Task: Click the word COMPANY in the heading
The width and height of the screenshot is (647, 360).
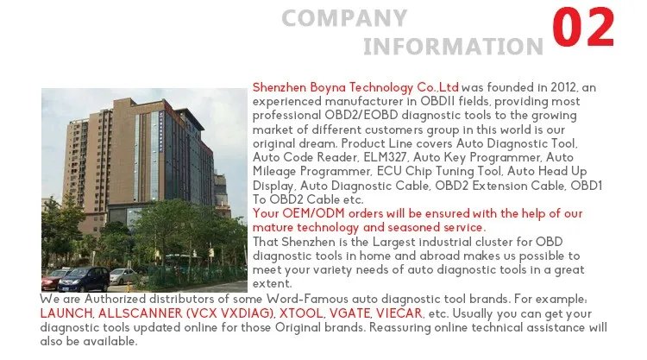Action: point(344,18)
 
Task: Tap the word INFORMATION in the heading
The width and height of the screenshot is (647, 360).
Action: point(453,47)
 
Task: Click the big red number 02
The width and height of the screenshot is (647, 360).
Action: point(583,28)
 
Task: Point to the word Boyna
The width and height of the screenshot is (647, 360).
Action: point(328,88)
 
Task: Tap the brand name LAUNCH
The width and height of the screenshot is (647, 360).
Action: point(66,313)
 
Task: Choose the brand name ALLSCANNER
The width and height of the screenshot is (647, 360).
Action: point(141,313)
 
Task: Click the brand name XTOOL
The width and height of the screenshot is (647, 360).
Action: point(301,313)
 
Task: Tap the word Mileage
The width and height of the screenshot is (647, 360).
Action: point(274,171)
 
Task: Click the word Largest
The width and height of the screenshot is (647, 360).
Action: point(393,242)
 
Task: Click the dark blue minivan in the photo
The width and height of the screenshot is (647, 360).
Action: point(84,279)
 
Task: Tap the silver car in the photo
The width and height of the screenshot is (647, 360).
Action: point(123,276)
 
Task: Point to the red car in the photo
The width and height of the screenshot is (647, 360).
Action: point(54,279)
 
